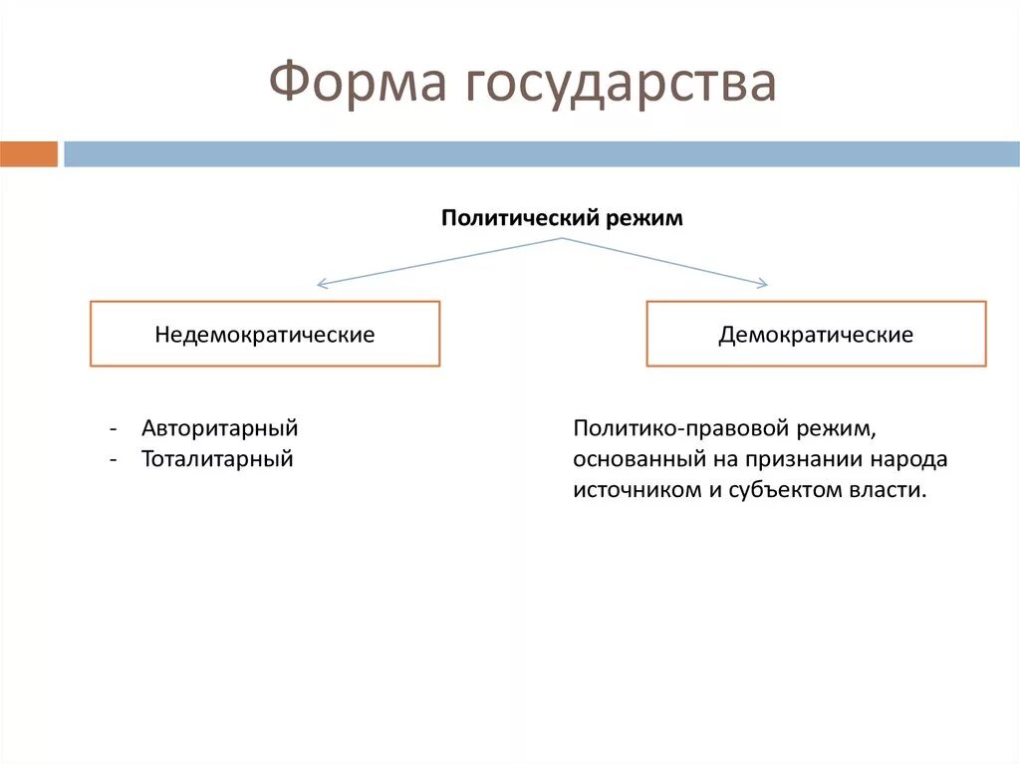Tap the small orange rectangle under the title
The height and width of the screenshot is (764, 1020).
click(29, 154)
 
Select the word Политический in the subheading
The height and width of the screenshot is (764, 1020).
click(517, 218)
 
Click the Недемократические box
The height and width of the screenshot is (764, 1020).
click(265, 335)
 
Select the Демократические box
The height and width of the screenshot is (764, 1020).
click(816, 335)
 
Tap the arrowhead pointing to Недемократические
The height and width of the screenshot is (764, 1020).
click(321, 284)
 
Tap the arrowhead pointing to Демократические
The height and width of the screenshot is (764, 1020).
click(762, 284)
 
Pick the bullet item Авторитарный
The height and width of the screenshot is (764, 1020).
click(220, 428)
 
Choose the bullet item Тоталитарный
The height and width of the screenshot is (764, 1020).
click(217, 459)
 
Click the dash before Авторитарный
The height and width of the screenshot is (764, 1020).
click(116, 429)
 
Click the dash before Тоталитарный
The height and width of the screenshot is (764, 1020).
click(116, 460)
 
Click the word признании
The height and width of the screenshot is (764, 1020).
click(810, 460)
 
